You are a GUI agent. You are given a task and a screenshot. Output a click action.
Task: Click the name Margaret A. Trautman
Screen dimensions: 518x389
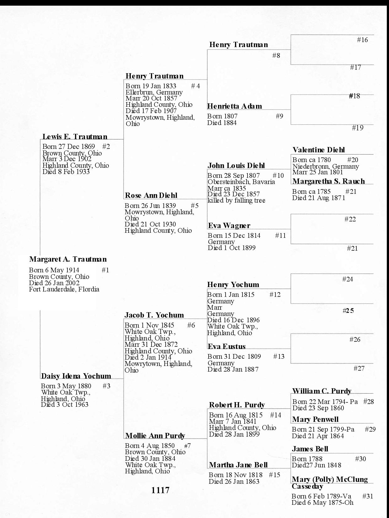pyautogui.click(x=68, y=259)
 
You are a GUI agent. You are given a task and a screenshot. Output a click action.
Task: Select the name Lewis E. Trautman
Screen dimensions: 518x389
pyautogui.click(x=75, y=137)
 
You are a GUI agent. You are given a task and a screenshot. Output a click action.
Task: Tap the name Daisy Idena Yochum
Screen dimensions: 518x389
pyautogui.click(x=76, y=376)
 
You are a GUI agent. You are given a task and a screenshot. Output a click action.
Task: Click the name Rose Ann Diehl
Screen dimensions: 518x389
pyautogui.click(x=151, y=196)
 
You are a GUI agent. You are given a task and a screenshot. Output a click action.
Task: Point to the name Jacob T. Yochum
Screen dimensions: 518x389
pyautogui.click(x=154, y=315)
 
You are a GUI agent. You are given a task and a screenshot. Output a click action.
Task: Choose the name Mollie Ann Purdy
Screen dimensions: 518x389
pyautogui.click(x=155, y=436)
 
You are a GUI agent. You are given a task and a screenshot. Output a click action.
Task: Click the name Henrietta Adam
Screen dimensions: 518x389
pyautogui.click(x=234, y=106)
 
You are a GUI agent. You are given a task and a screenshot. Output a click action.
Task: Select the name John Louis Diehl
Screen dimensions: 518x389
pyautogui.click(x=236, y=166)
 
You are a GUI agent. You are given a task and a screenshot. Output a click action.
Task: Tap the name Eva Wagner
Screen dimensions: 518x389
pyautogui.click(x=229, y=226)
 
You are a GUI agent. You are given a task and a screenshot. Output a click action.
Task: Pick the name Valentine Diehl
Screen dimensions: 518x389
pyautogui.click(x=318, y=150)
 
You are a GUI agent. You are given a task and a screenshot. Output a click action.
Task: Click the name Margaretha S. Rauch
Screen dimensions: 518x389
pyautogui.click(x=328, y=181)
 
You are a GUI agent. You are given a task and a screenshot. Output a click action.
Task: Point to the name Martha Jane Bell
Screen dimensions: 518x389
pyautogui.click(x=238, y=465)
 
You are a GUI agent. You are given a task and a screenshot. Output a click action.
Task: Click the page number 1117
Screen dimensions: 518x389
pyautogui.click(x=160, y=490)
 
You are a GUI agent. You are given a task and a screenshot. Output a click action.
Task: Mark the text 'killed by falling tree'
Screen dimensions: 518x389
pyautogui.click(x=236, y=200)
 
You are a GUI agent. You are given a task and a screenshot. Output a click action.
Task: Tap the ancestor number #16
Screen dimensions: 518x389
pyautogui.click(x=362, y=40)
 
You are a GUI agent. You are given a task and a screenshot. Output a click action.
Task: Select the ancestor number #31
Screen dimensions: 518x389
pyautogui.click(x=368, y=496)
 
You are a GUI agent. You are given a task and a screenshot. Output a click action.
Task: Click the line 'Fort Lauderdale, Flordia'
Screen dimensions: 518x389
pyautogui.click(x=64, y=289)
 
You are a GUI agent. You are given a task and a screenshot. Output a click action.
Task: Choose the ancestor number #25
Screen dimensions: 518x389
pyautogui.click(x=348, y=311)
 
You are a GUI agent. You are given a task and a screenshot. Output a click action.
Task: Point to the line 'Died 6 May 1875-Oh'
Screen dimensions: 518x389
pyautogui.click(x=322, y=503)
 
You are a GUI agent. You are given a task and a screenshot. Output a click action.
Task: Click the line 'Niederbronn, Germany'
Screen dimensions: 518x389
pyautogui.click(x=326, y=166)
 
